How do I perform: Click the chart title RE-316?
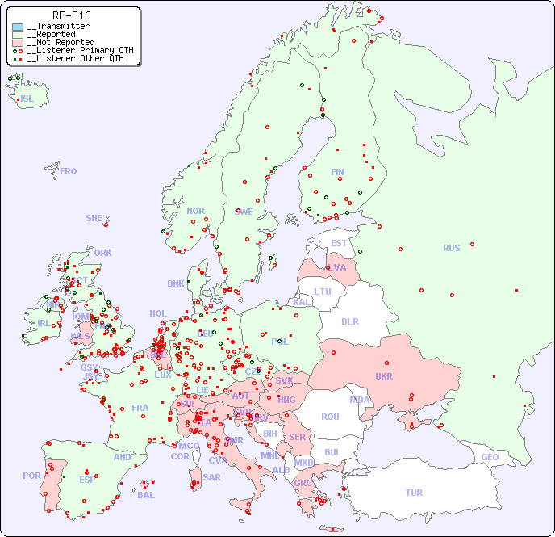click(x=71, y=15)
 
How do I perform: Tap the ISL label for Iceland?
click(x=27, y=99)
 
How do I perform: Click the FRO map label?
click(x=69, y=171)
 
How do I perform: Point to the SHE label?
click(x=94, y=218)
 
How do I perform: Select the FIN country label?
click(x=337, y=172)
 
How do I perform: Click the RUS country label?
click(x=451, y=248)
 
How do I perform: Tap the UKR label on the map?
click(x=384, y=376)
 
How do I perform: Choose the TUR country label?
click(x=414, y=493)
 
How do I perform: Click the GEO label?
click(x=490, y=457)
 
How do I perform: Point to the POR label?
click(x=31, y=476)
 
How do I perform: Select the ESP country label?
click(x=87, y=479)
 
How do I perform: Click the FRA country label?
click(x=140, y=408)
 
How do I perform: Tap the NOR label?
click(x=195, y=211)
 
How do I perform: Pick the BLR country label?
click(x=349, y=321)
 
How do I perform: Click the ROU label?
click(x=330, y=417)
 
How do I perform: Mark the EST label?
click(x=339, y=243)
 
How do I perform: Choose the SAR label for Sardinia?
click(x=212, y=477)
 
